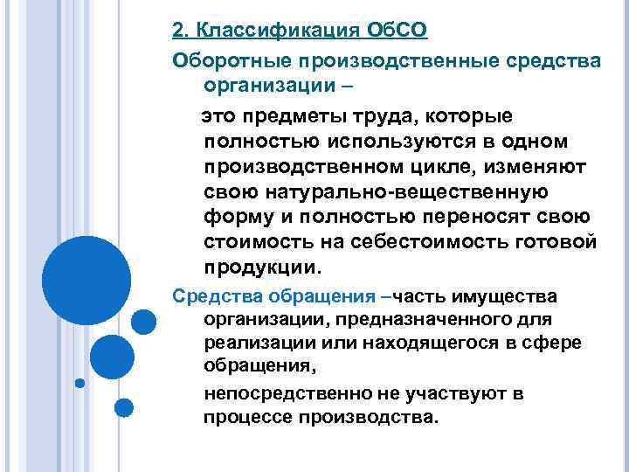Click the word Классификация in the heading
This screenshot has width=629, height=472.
tap(277, 31)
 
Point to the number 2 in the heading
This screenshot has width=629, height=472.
tap(179, 31)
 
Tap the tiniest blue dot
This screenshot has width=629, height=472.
tap(79, 381)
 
